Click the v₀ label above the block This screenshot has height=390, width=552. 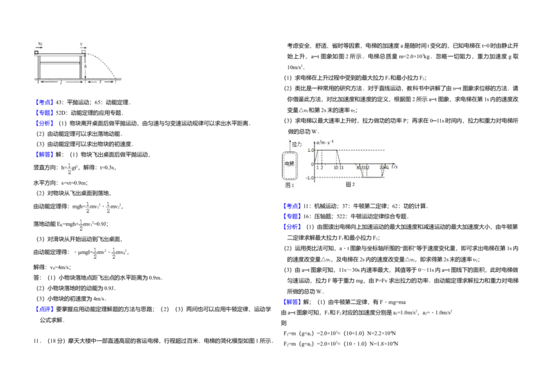click(x=40, y=43)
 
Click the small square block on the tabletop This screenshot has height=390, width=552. click(x=37, y=52)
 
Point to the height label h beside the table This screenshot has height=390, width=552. click(x=86, y=66)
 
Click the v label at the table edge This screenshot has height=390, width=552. click(x=81, y=43)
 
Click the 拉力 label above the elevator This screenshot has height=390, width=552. click(x=297, y=144)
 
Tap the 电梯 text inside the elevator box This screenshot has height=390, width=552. click(x=289, y=164)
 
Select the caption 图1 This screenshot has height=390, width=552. click(x=290, y=185)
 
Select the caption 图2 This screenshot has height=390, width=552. click(x=350, y=184)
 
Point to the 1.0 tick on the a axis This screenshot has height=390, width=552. click(x=310, y=150)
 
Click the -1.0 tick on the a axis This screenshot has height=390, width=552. click(x=310, y=178)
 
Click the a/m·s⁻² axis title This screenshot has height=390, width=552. click(x=324, y=142)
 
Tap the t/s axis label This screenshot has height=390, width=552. click(x=395, y=167)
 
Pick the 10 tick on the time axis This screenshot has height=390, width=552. click(x=336, y=168)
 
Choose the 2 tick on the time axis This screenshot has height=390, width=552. click(x=322, y=168)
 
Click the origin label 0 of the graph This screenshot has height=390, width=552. click(x=312, y=164)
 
